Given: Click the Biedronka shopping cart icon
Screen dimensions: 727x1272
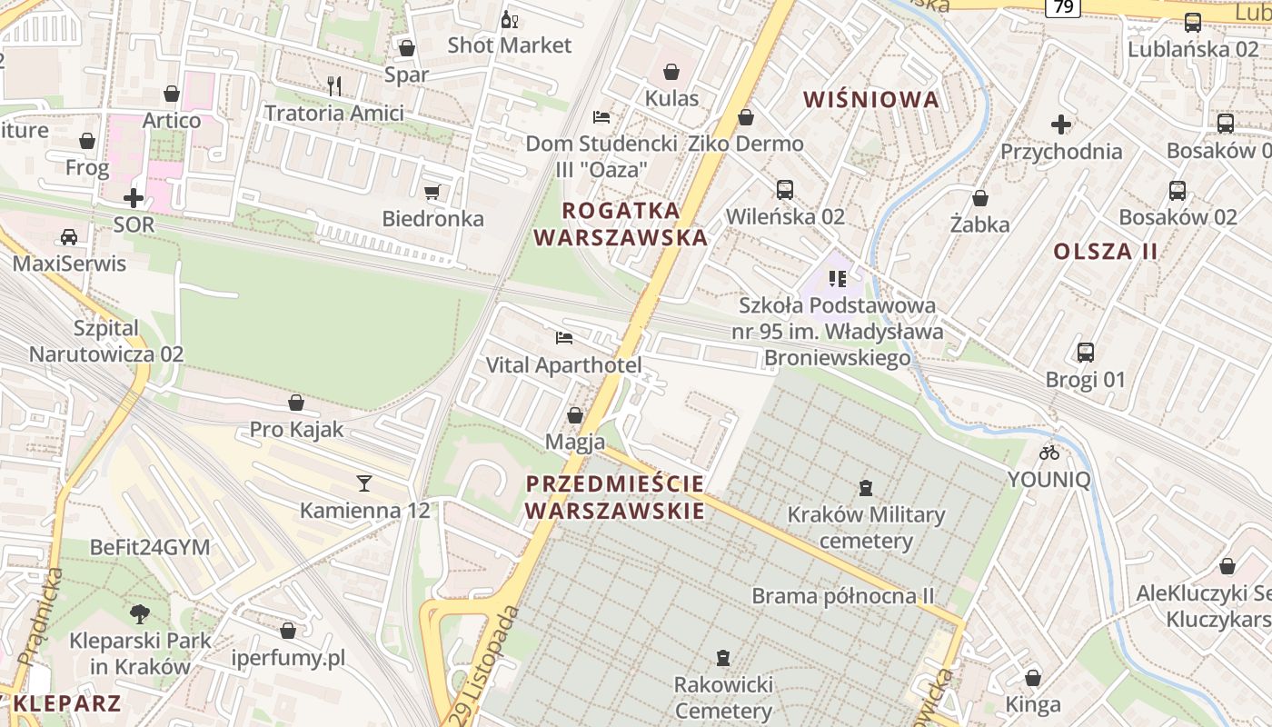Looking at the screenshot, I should coord(432,192).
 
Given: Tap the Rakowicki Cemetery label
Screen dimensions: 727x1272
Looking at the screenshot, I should coord(723,697).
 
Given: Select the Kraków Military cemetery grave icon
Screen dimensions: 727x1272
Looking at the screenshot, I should coord(866,488).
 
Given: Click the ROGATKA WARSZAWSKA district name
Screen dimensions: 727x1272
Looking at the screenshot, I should coord(621,224).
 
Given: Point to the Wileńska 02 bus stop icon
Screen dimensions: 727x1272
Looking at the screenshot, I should coord(785,190).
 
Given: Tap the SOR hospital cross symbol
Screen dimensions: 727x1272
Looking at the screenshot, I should coord(134,197).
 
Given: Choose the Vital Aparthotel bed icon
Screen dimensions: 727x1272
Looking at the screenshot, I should coord(564,338).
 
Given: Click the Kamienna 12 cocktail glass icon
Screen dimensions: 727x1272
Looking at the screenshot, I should coord(364,483).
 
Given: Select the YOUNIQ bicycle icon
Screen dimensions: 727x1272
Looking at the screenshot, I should coord(1049,452).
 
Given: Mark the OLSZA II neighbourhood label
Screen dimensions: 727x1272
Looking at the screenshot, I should coord(1106,251).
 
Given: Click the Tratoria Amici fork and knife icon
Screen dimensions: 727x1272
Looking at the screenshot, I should coord(334,86).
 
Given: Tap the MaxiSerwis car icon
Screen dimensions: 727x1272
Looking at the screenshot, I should coord(68,237).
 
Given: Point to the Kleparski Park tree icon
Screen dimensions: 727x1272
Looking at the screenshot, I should coord(140,613).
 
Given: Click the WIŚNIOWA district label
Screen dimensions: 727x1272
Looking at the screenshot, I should coord(871,99).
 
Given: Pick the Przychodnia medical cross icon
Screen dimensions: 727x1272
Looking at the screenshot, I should coord(1060,124).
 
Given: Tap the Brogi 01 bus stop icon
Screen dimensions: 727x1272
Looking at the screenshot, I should coord(1085,353).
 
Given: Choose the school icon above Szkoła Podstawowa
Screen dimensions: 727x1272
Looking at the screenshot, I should coord(837,278).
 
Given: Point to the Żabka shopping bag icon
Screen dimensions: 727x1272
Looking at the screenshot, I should coord(980,197).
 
